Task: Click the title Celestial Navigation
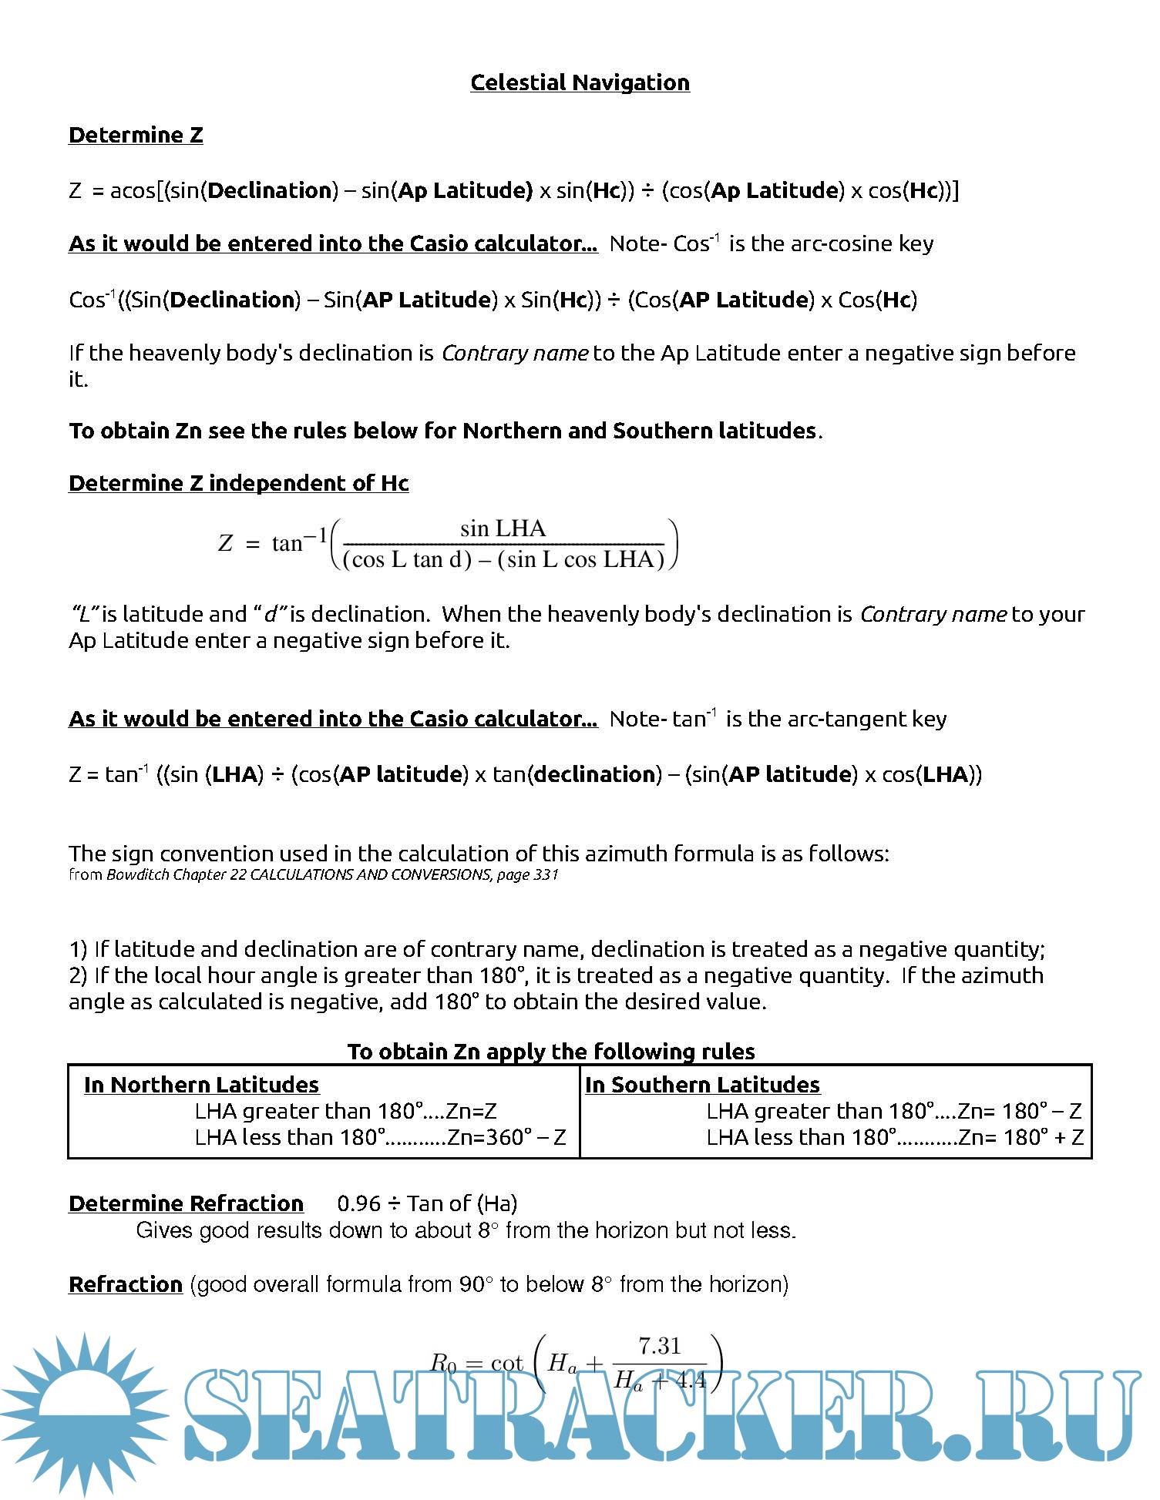pos(580,82)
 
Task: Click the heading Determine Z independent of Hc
pos(238,483)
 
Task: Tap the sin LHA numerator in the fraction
pos(503,529)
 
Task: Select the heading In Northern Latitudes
pos(201,1085)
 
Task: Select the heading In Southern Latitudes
pos(702,1085)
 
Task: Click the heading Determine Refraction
pos(186,1203)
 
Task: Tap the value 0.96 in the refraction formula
pos(358,1203)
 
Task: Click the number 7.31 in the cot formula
pos(660,1346)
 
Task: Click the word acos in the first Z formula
pos(133,190)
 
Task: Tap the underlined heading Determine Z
pos(136,135)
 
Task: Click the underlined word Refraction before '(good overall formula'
pos(125,1284)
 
